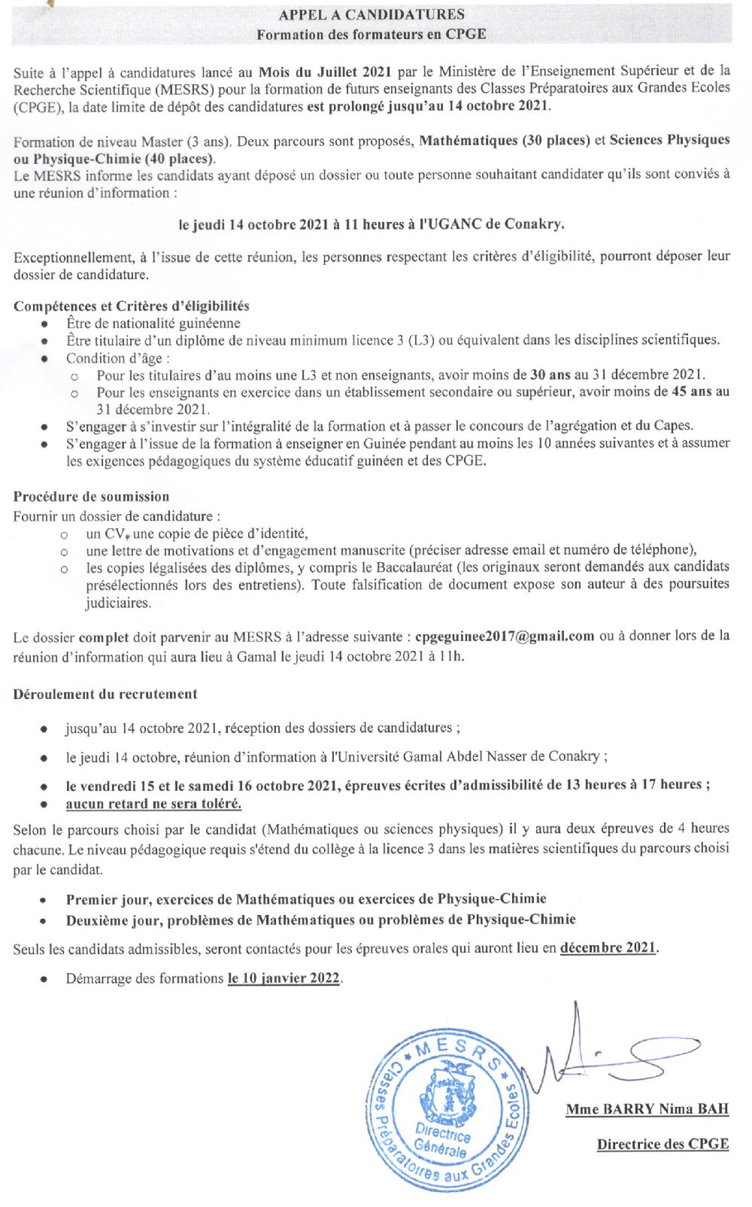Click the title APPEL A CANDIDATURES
click(371, 14)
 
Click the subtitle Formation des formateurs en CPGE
click(371, 35)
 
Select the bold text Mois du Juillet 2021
click(324, 71)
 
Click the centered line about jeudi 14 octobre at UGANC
click(371, 224)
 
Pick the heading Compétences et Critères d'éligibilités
click(131, 306)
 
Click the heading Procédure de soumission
click(91, 497)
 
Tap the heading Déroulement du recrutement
click(105, 695)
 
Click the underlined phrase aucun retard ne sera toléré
click(153, 804)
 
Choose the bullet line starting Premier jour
click(305, 899)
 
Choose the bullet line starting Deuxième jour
click(320, 920)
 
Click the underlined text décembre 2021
click(608, 948)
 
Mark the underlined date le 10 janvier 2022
click(284, 979)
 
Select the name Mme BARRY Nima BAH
click(647, 1109)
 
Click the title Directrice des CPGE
click(663, 1145)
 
